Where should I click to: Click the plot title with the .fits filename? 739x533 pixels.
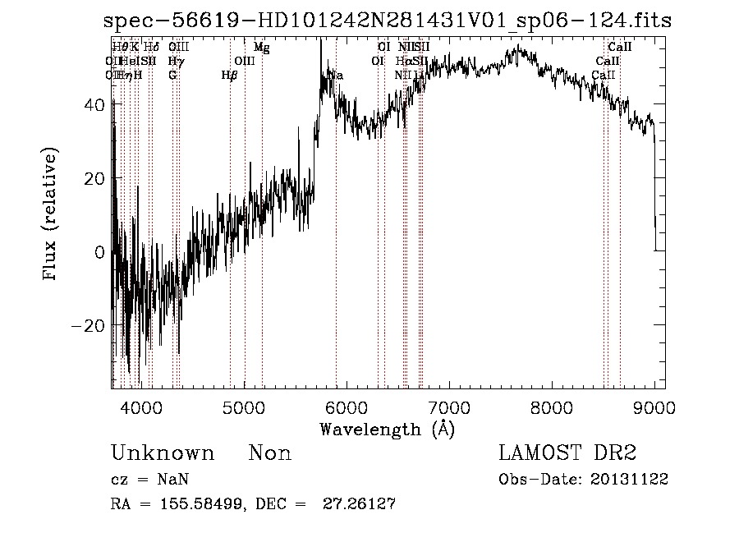pyautogui.click(x=392, y=21)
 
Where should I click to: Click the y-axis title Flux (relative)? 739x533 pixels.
pyautogui.click(x=51, y=215)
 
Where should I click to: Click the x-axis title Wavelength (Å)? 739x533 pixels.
pyautogui.click(x=387, y=428)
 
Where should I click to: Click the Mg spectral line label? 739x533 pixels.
pyautogui.click(x=261, y=48)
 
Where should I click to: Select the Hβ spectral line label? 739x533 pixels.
pyautogui.click(x=230, y=75)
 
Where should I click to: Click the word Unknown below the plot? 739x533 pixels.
pyautogui.click(x=163, y=453)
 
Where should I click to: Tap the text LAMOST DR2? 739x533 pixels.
pyautogui.click(x=567, y=453)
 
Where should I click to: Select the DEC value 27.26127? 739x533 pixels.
pyautogui.click(x=363, y=504)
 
